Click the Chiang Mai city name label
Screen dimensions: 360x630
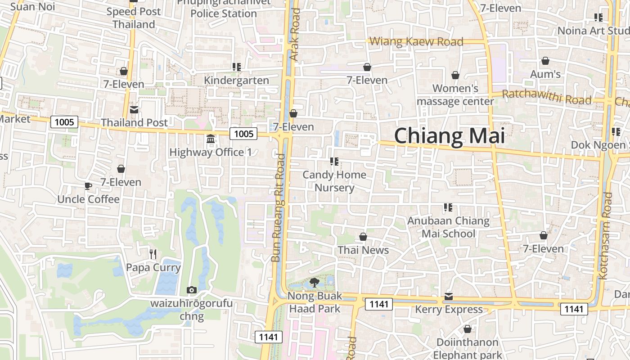point(450,135)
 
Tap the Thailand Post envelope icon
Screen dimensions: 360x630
point(134,110)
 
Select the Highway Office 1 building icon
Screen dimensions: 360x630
point(211,139)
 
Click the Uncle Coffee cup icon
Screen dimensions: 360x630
point(88,186)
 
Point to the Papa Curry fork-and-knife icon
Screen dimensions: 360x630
point(153,255)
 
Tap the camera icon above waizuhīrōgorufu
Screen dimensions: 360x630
point(191,290)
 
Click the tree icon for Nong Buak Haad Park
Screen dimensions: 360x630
point(315,283)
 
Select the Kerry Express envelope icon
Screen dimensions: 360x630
point(449,297)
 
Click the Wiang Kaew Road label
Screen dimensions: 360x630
point(416,42)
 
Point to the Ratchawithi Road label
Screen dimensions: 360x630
point(546,97)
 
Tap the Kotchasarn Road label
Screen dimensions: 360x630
point(607,236)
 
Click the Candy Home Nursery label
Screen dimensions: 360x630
point(334,181)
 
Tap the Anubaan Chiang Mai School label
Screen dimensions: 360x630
point(448,227)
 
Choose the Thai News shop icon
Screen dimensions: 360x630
point(363,237)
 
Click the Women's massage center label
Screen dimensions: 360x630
point(455,94)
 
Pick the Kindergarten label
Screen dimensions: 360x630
point(237,81)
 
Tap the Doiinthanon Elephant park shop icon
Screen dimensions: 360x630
point(468,329)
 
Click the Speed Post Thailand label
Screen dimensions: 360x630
point(134,18)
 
